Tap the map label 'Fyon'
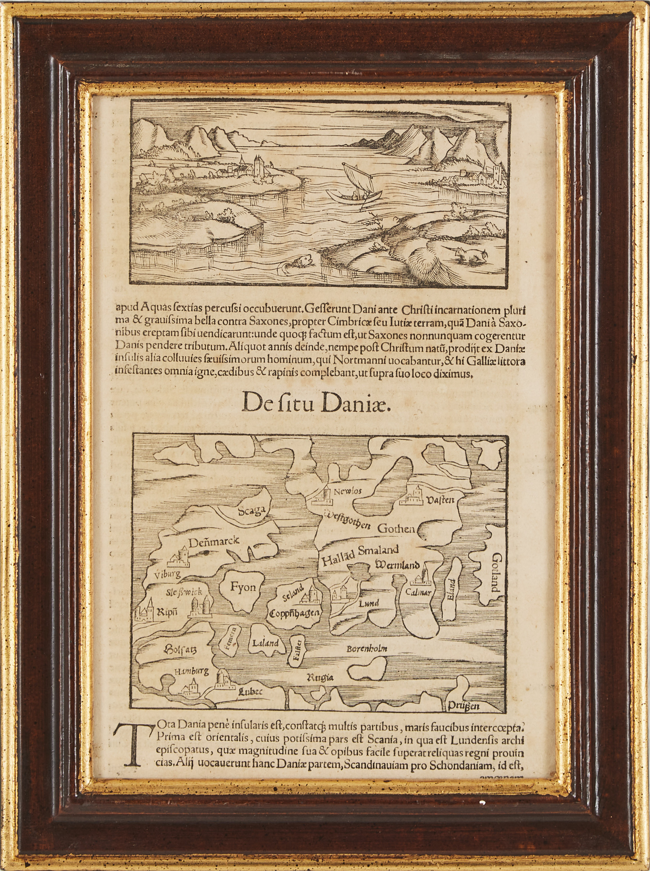click(243, 587)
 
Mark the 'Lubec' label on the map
click(250, 692)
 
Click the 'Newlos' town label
click(347, 491)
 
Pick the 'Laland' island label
click(266, 643)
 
